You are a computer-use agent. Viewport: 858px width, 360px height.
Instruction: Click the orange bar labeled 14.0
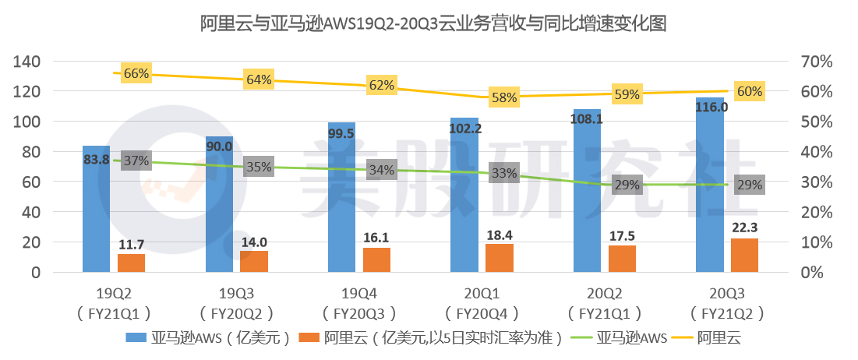pyautogui.click(x=253, y=262)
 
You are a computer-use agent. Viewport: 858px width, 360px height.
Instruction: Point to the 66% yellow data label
pyautogui.click(x=136, y=74)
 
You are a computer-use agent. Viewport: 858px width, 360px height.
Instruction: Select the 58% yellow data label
pyautogui.click(x=504, y=98)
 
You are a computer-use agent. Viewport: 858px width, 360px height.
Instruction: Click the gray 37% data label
pyautogui.click(x=136, y=161)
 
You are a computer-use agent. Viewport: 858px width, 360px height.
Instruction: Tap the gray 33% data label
pyautogui.click(x=504, y=174)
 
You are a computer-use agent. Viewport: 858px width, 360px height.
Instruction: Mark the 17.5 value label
pyautogui.click(x=622, y=235)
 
